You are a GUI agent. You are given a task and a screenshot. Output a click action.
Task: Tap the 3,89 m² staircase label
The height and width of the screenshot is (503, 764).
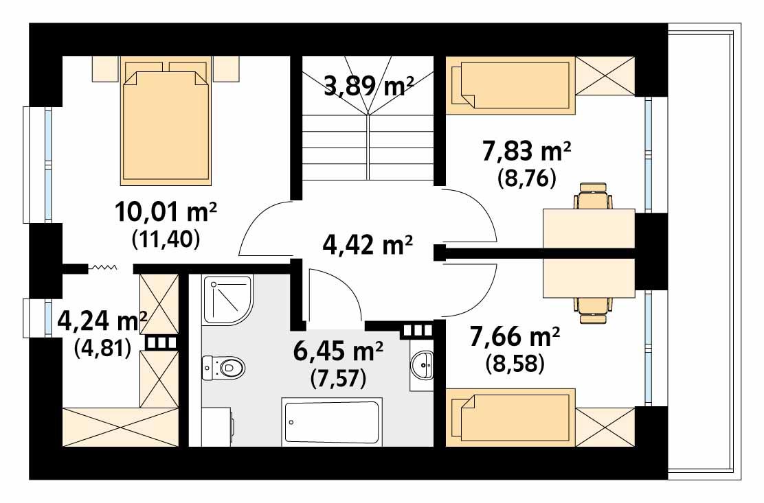(x=368, y=86)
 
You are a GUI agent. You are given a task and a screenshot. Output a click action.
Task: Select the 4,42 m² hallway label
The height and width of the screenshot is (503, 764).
(x=368, y=244)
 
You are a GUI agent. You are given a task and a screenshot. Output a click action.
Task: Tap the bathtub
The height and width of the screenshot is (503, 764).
(x=331, y=423)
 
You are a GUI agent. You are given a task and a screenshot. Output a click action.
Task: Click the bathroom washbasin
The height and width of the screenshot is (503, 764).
(x=422, y=364)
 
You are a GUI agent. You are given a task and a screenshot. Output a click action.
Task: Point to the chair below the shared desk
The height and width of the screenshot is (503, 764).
(x=593, y=308)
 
